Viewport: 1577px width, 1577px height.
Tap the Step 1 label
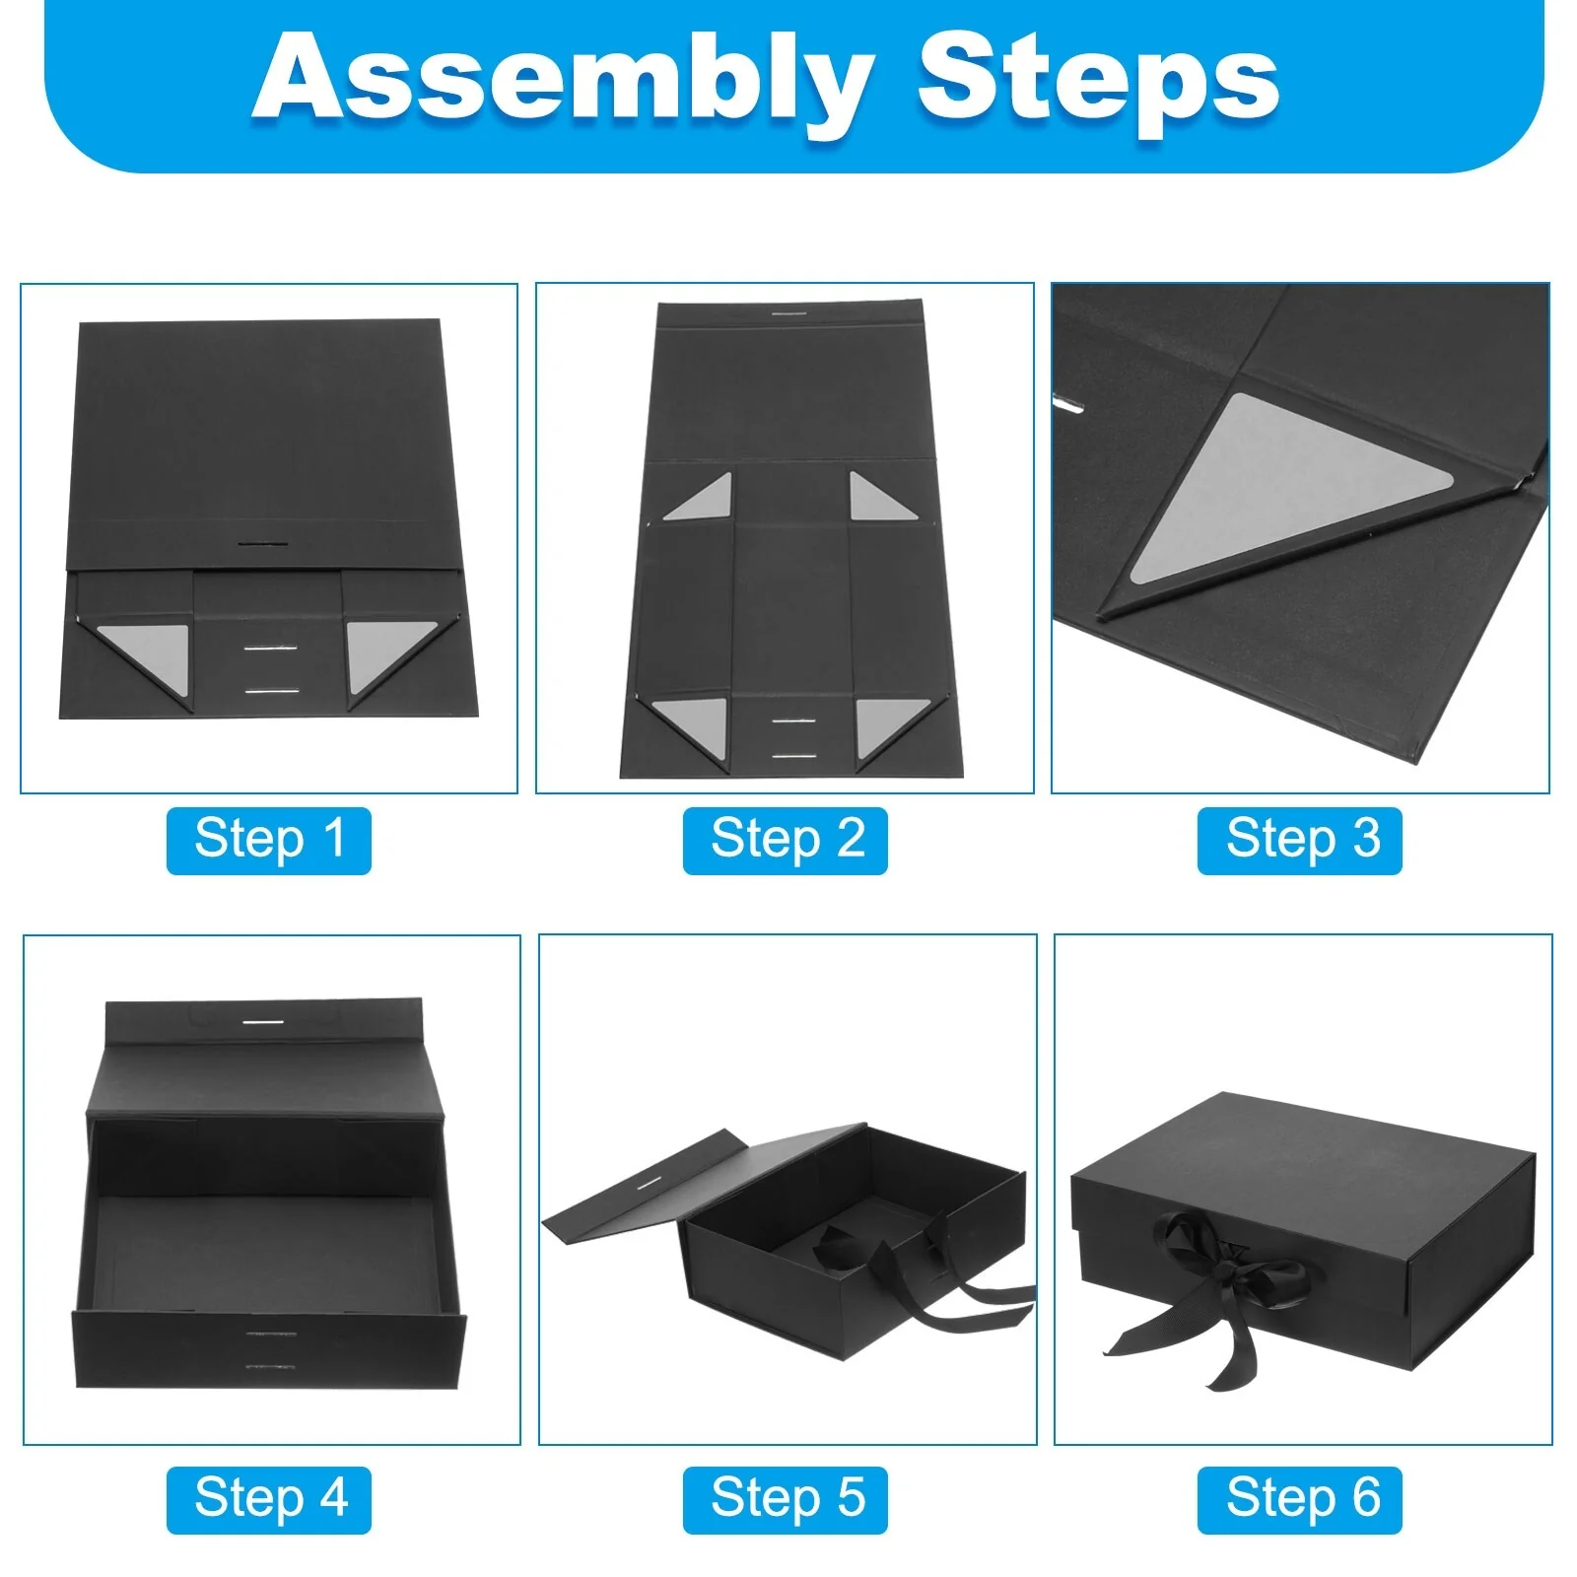(269, 840)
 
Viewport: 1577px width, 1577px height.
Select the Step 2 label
(786, 840)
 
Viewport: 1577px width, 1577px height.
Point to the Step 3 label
(1300, 840)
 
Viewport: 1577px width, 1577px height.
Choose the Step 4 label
(269, 1499)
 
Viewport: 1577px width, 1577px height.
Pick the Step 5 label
(786, 1499)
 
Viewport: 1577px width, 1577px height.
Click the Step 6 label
(1300, 1499)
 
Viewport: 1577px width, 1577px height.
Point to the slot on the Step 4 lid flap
(261, 1023)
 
